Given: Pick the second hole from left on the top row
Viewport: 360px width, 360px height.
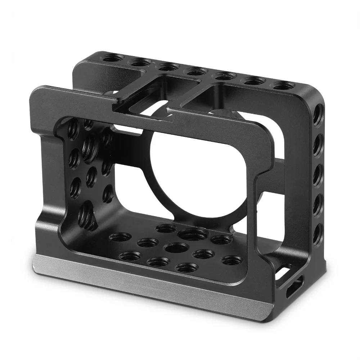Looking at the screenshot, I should pos(140,62).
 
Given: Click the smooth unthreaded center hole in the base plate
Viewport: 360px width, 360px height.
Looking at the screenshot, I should pos(176,248).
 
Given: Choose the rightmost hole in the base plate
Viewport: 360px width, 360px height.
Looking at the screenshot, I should pos(231,260).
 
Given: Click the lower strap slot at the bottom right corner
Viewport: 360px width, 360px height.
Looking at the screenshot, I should pos(289,292).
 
